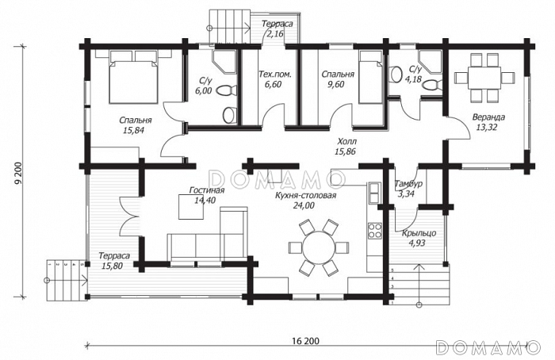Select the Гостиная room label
[207, 190]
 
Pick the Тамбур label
[408, 184]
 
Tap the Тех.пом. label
[274, 75]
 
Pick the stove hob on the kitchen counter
[373, 232]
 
